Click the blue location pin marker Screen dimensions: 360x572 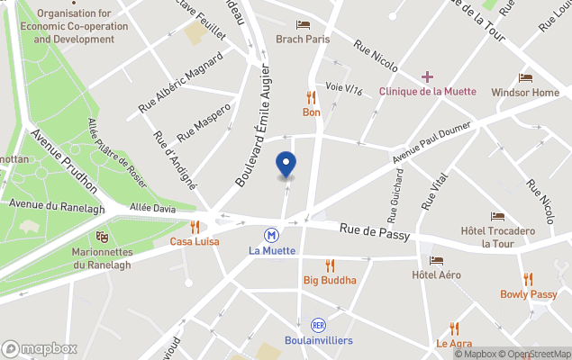286,165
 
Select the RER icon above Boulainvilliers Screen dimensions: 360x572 318,324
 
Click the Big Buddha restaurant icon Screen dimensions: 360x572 330,265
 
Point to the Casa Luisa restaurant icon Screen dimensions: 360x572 195,227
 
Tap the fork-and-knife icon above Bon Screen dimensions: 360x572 312,97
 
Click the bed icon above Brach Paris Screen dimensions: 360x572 303,24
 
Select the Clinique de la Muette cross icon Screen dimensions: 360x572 427,76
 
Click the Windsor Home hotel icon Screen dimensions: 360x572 525,78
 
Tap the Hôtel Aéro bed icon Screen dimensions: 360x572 436,260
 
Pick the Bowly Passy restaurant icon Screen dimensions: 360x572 529,279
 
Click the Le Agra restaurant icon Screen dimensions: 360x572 454,328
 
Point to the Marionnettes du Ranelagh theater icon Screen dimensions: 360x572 102,237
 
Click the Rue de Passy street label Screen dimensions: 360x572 375,232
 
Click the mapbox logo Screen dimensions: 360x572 40,348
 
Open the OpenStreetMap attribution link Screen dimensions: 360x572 539,354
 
